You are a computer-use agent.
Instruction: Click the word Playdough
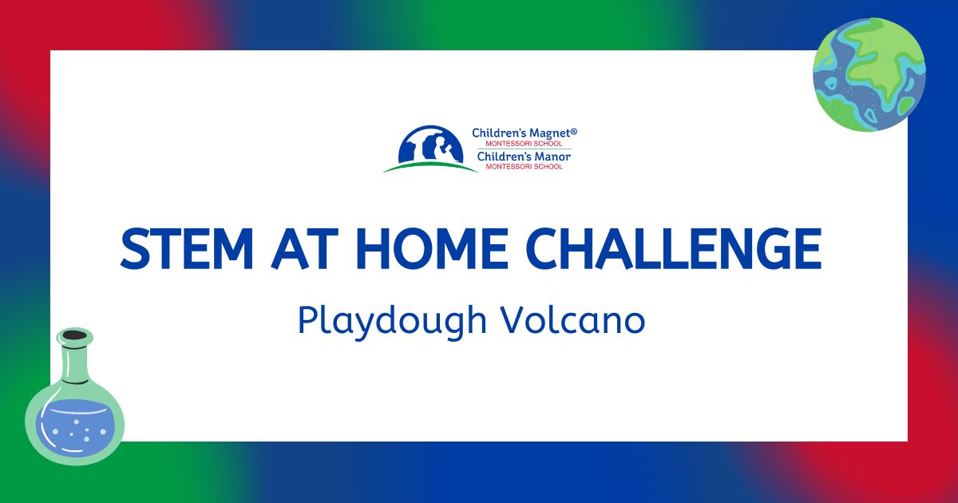(393, 321)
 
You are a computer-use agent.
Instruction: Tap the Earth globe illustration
(869, 74)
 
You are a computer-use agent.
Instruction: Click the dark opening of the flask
(75, 335)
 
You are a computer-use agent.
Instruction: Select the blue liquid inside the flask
(74, 427)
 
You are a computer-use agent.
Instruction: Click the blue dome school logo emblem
(430, 145)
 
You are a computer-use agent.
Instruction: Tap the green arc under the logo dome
(430, 167)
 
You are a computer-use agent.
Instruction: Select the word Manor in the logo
(553, 156)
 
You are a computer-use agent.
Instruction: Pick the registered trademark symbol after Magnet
(574, 131)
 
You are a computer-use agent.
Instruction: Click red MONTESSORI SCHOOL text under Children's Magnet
(524, 144)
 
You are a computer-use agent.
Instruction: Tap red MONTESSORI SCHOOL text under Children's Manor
(524, 167)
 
